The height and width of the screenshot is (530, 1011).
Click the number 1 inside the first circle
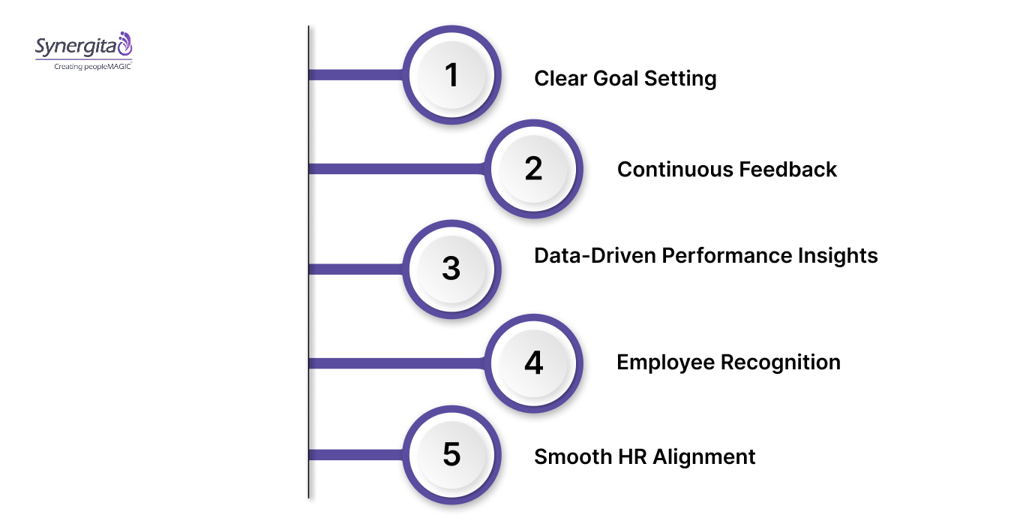(451, 75)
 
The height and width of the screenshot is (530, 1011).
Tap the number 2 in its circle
(533, 169)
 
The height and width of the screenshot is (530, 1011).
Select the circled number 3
(451, 269)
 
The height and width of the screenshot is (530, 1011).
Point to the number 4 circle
(533, 363)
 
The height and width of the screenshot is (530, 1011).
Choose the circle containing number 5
(451, 455)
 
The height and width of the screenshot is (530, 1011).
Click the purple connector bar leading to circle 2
(397, 169)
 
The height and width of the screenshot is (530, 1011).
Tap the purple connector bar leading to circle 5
(356, 455)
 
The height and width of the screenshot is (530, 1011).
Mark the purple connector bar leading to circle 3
(356, 269)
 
